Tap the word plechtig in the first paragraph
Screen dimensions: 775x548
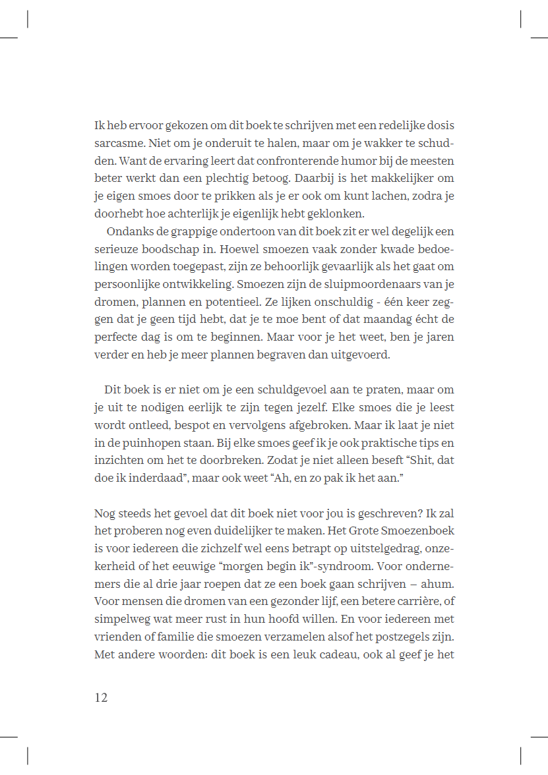click(249, 179)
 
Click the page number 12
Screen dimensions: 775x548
click(101, 698)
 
